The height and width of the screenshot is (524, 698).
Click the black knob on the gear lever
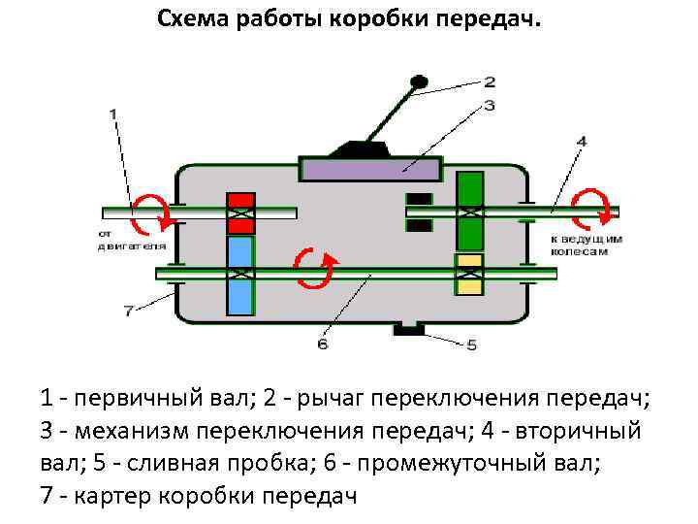pos(419,82)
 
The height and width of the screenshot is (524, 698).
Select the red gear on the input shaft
pos(240,212)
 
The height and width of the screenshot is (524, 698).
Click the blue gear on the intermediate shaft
pos(240,276)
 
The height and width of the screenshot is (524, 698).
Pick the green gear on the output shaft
pos(470,211)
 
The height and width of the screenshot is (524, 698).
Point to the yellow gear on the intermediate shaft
pos(470,274)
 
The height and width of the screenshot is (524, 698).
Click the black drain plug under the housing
pos(408,330)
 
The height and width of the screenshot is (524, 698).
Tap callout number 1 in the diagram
pos(114,114)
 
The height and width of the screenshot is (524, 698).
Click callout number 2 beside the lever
pos(490,82)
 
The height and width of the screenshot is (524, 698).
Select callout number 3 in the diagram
pos(490,104)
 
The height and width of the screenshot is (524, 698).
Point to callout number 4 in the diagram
pos(581,142)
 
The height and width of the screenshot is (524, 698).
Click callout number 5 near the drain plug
pos(472,344)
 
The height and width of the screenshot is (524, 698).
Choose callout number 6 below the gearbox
pos(323,344)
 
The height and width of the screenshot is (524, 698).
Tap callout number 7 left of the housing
pos(127,311)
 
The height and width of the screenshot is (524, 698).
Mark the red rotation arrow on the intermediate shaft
pos(316,268)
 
